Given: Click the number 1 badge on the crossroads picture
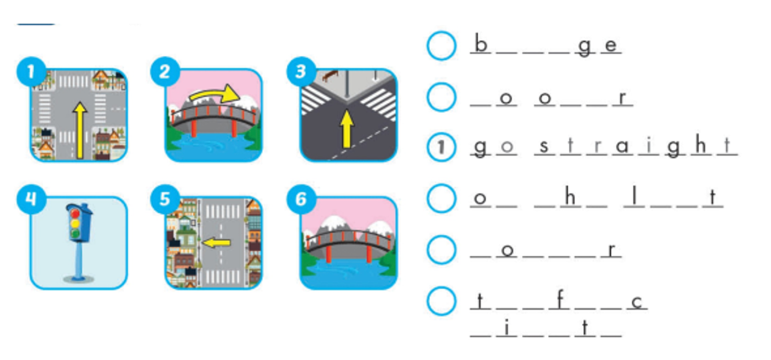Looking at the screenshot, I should [x=31, y=73].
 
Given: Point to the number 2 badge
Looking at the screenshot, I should [x=164, y=73].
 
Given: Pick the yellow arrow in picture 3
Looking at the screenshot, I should [x=346, y=128].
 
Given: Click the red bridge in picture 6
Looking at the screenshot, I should [x=348, y=240].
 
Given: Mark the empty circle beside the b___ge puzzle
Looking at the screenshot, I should [x=441, y=46].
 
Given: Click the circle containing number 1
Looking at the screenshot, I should [x=441, y=148].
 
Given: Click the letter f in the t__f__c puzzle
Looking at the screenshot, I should [x=558, y=300].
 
